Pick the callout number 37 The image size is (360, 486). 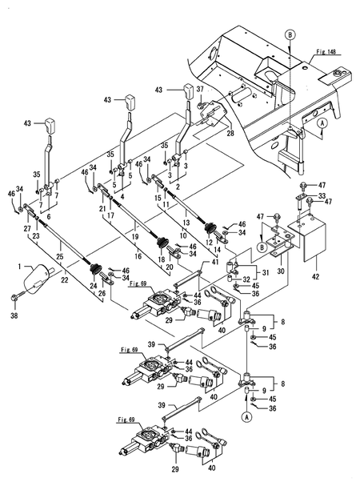200,89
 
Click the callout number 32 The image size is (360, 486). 246,279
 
